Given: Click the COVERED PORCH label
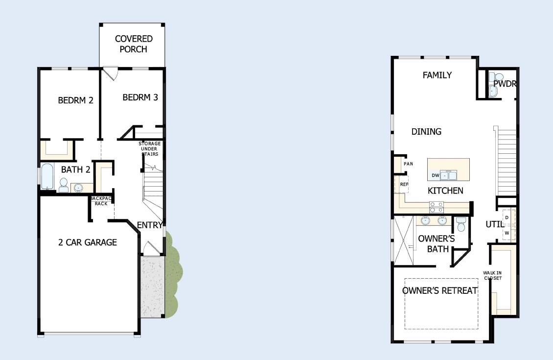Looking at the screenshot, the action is click(134, 44).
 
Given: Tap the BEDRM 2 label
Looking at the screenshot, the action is click(75, 100).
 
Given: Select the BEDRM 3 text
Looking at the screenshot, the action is click(140, 97).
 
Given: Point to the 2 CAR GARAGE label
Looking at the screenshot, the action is click(88, 242).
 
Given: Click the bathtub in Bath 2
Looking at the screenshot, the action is click(47, 176).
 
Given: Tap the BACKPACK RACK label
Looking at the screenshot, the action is click(101, 201).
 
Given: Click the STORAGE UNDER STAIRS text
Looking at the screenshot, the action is click(150, 148).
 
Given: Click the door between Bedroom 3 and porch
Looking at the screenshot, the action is click(111, 73).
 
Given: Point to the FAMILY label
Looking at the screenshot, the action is click(437, 75).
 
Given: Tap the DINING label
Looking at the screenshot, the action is click(426, 132).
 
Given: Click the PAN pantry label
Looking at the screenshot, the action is click(409, 164).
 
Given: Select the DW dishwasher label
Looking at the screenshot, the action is click(436, 175).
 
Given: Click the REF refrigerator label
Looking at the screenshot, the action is click(404, 184).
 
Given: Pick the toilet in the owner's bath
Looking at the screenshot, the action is click(461, 224).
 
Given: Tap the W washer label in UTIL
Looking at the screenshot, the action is click(507, 233).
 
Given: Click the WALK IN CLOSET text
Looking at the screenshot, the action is click(492, 275).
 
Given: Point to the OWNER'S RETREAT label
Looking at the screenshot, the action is click(440, 291).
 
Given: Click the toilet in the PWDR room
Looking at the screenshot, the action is click(499, 77).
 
